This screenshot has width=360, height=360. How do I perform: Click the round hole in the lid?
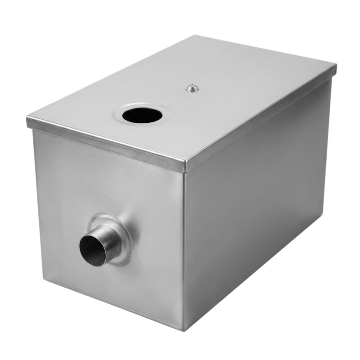142,116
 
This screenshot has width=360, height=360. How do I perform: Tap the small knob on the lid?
193,88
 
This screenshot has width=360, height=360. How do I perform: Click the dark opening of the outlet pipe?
93,250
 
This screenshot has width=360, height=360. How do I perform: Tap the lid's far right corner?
335,67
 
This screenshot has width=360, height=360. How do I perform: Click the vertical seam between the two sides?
184,247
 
